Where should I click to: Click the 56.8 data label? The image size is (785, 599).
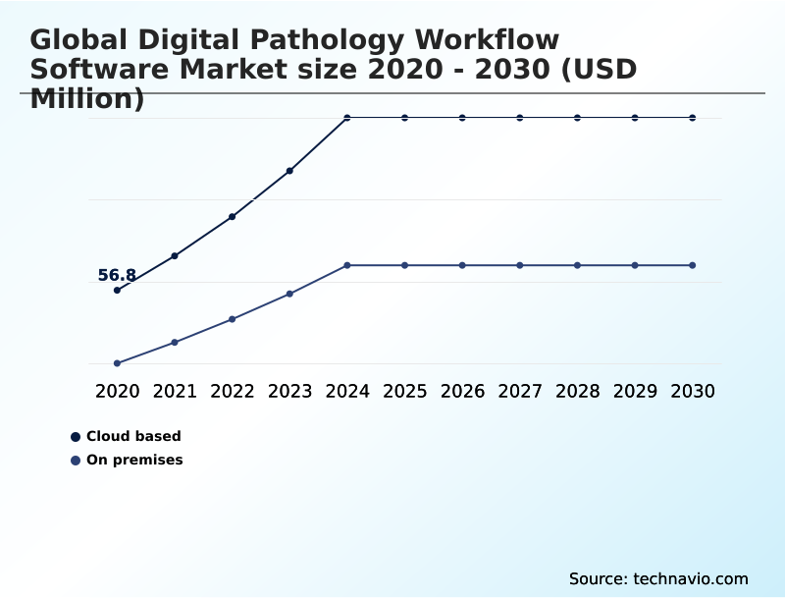117,276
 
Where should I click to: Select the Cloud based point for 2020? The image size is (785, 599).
117,291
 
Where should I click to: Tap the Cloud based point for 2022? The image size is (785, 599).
232,217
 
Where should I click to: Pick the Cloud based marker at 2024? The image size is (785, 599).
347,118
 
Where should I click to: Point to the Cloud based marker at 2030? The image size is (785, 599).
693,118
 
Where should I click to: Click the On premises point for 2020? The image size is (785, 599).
117,363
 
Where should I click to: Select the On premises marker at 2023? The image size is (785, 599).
289,294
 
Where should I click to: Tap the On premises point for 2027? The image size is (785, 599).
520,265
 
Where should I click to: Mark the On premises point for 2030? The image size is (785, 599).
693,265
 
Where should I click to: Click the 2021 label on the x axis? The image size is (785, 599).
175,391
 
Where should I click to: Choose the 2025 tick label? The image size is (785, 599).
404,391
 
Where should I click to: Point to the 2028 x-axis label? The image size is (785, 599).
577,391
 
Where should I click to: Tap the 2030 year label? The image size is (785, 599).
693,391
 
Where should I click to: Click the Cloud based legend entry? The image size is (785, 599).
133,437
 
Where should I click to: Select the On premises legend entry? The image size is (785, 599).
134,461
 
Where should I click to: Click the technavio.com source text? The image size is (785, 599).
691,578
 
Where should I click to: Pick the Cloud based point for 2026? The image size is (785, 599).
462,118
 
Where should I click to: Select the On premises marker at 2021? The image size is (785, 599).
175,342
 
